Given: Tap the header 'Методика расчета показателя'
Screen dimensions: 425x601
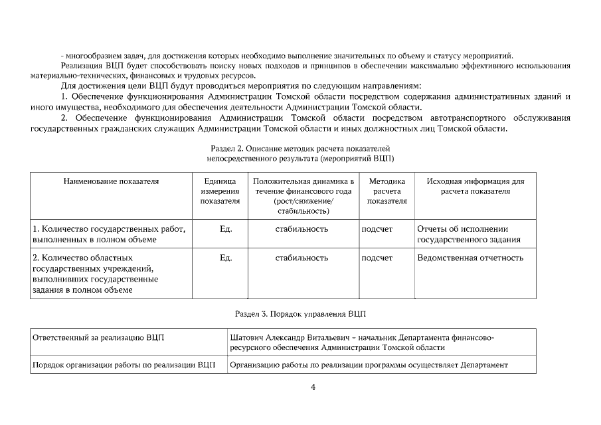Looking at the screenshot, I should (x=386, y=191).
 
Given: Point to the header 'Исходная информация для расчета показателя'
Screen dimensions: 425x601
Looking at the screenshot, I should (x=475, y=185).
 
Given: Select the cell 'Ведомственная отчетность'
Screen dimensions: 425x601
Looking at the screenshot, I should (x=470, y=258).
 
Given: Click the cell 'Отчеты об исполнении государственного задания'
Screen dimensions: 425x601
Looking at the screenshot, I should (x=468, y=234).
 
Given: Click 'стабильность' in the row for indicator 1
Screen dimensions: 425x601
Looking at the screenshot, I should (x=301, y=229).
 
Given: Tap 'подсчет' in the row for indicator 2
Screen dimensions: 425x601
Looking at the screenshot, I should (x=377, y=258).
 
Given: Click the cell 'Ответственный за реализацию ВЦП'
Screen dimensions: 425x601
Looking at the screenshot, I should (x=98, y=337).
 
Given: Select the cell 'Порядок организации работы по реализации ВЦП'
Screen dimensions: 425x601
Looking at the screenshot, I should (x=124, y=365).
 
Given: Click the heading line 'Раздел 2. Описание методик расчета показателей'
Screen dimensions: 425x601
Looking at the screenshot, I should (x=300, y=149).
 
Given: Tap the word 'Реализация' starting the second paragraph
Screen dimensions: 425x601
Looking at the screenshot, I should (x=80, y=66).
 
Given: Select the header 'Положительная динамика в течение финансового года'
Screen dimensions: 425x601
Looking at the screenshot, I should (x=303, y=191).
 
